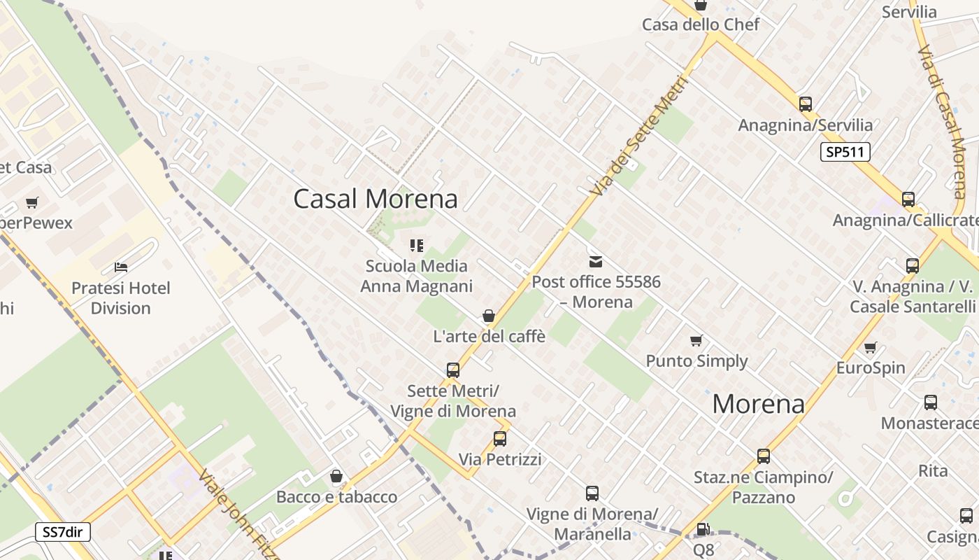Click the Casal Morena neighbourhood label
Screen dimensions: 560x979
pos(376,199)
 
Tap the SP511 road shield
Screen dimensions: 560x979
pos(845,152)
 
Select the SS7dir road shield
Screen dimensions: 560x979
pos(63,532)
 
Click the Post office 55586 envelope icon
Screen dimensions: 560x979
pos(596,262)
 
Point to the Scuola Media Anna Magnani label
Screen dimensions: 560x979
pos(417,276)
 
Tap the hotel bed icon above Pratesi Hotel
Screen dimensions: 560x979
pos(121,267)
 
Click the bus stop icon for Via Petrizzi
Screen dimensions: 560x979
pos(499,439)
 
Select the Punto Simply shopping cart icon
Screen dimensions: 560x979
pos(696,341)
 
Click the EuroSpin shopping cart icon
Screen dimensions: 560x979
pos(870,348)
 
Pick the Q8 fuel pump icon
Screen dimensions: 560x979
pos(703,529)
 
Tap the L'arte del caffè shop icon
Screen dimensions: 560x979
pos(489,316)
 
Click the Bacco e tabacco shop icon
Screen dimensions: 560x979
pos(336,477)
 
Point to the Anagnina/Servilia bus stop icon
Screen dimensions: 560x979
pos(806,104)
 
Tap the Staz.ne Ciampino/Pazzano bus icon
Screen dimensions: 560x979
pos(763,456)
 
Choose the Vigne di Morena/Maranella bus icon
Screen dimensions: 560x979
pos(592,493)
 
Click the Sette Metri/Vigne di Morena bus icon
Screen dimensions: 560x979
pos(453,370)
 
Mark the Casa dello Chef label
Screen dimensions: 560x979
pos(701,25)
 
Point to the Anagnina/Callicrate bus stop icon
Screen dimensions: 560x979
pos(908,199)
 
